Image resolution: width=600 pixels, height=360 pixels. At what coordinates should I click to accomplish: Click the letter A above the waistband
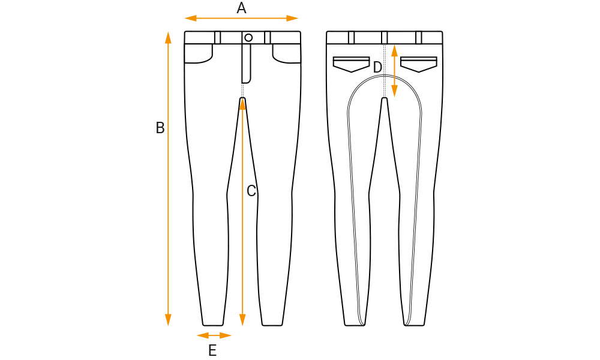click(x=241, y=8)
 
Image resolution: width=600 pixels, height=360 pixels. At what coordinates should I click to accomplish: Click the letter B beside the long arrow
click(x=160, y=128)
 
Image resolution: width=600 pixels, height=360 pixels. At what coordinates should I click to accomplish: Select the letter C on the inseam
click(x=251, y=191)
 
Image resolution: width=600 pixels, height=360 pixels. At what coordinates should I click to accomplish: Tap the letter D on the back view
click(x=377, y=67)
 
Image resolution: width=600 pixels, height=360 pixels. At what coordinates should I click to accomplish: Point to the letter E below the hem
click(x=212, y=351)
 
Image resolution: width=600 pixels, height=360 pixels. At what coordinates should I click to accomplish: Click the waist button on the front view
click(x=248, y=38)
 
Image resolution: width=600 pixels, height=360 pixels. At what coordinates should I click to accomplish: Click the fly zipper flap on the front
click(x=246, y=64)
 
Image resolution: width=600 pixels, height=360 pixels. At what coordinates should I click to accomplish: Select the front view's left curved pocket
click(x=198, y=53)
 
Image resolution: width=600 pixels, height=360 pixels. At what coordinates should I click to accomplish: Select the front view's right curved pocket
click(x=286, y=53)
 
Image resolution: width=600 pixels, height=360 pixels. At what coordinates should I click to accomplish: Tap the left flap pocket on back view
click(x=351, y=64)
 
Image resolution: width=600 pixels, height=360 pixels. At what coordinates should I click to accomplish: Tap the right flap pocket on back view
click(x=419, y=64)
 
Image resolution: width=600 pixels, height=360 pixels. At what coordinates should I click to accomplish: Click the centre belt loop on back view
click(x=385, y=38)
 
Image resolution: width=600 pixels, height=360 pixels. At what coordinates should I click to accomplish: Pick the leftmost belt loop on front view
click(x=217, y=38)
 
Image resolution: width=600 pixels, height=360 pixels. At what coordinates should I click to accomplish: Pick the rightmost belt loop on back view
click(x=418, y=38)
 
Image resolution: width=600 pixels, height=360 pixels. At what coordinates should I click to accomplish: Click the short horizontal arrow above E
click(x=214, y=335)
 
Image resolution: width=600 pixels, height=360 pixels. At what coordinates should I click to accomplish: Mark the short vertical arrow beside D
click(x=394, y=71)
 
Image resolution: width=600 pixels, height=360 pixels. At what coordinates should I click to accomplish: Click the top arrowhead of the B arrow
click(x=168, y=37)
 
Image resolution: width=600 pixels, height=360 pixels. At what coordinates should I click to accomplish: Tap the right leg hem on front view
click(x=272, y=325)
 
